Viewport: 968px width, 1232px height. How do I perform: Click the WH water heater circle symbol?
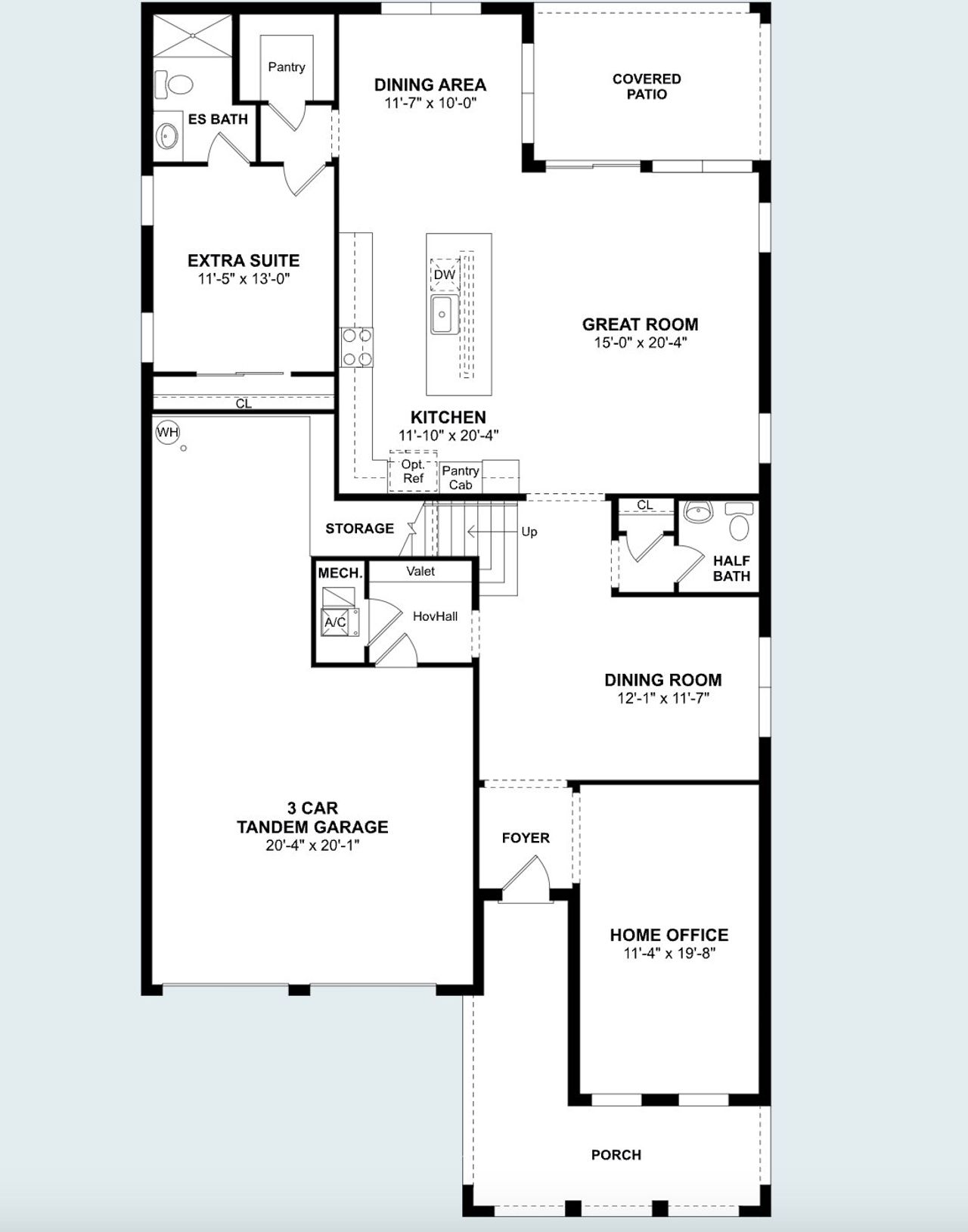[167, 433]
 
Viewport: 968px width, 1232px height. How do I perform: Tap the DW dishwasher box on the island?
[445, 275]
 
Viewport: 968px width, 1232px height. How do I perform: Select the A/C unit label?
[335, 622]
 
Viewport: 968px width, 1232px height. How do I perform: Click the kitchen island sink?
[442, 314]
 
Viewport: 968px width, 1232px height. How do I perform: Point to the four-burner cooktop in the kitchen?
[356, 346]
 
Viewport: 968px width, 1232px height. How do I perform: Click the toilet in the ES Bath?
[174, 84]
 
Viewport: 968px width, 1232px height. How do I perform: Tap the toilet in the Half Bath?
[739, 521]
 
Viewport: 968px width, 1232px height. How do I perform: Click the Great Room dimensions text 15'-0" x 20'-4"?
[640, 343]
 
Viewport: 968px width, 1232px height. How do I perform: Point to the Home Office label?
[669, 935]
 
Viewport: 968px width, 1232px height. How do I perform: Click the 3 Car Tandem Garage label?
[312, 818]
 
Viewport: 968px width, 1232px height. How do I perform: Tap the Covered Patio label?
[647, 86]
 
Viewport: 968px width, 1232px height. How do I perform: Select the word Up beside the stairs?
[529, 532]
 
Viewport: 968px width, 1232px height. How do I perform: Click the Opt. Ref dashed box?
[413, 472]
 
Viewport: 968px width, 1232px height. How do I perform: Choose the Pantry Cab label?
[461, 477]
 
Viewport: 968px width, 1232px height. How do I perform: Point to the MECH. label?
[340, 573]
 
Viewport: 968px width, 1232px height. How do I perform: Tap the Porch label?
[616, 1155]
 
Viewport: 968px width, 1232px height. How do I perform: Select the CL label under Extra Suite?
[244, 404]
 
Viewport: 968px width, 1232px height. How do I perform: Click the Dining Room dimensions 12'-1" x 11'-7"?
[662, 698]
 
